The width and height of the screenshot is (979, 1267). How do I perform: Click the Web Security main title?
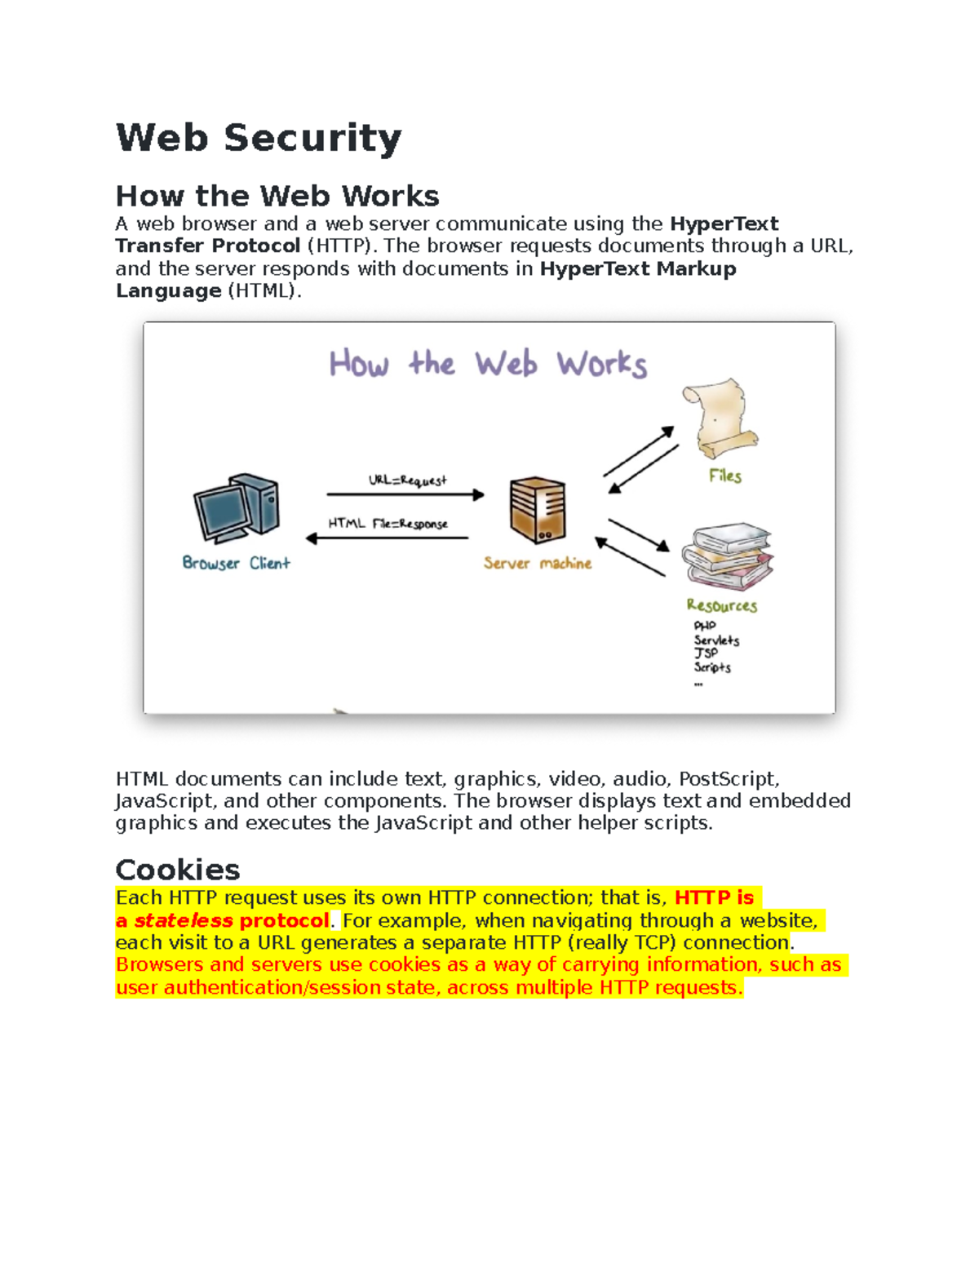click(x=259, y=137)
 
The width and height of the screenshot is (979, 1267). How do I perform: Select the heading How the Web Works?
click(x=277, y=196)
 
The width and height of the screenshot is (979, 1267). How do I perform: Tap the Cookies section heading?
click(x=178, y=870)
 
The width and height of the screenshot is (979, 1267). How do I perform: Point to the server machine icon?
click(x=538, y=511)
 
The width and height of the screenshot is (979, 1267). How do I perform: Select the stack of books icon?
click(x=728, y=556)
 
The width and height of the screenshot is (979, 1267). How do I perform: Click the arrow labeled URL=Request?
click(x=405, y=494)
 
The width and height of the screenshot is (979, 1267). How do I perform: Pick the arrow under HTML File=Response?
click(x=388, y=538)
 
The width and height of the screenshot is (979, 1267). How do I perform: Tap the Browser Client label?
click(x=236, y=563)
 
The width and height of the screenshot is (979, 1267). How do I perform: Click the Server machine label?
click(x=537, y=563)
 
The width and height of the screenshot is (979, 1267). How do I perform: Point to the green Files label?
click(x=725, y=476)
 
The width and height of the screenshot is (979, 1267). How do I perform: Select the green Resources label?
click(x=721, y=605)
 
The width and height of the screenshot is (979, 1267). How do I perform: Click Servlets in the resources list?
click(x=716, y=640)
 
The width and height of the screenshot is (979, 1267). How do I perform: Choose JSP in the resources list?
click(x=706, y=653)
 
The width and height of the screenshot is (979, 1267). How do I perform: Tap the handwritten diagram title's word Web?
click(x=507, y=364)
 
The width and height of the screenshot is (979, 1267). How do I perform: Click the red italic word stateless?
click(x=184, y=921)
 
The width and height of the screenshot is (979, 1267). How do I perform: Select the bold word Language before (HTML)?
click(x=169, y=291)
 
